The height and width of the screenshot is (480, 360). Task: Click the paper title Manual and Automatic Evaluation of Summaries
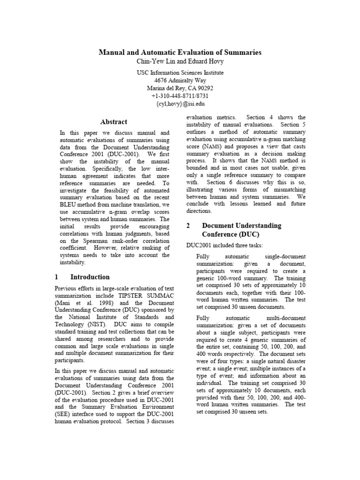pos(180,52)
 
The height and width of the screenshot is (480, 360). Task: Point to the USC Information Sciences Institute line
pos(180,73)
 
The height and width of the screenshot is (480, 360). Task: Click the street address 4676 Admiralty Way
pos(180,80)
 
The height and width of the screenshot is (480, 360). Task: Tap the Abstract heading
pos(114,122)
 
